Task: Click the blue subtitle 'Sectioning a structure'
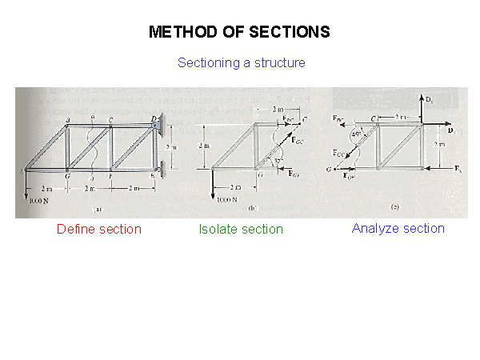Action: tap(241, 62)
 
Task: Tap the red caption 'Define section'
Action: tap(99, 230)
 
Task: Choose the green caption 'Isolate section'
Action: tap(241, 230)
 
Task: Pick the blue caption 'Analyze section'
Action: tap(398, 229)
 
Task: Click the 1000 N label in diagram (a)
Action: tap(39, 202)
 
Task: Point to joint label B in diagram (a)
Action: tap(68, 120)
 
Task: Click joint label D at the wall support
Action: tap(154, 118)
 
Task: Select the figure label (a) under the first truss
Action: tap(97, 209)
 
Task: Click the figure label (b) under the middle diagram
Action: tap(250, 208)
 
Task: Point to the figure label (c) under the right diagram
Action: tap(394, 207)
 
